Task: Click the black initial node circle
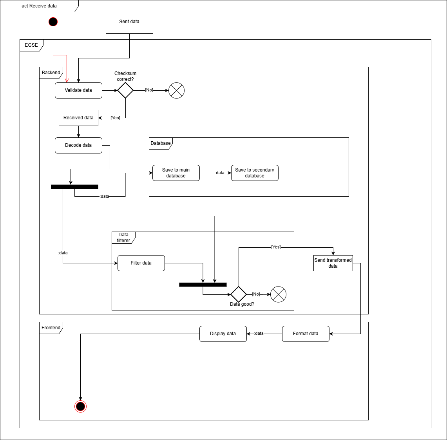[53, 22]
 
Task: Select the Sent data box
[129, 22]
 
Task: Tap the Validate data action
[78, 90]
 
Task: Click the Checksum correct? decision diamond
[125, 90]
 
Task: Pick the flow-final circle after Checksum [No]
[176, 91]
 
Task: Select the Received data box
[78, 118]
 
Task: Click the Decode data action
[78, 145]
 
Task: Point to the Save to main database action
[176, 173]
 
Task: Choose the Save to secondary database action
[255, 173]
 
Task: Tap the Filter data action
[141, 263]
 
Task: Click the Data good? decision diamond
[239, 294]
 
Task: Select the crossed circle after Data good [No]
[279, 294]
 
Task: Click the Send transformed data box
[333, 263]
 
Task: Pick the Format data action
[306, 334]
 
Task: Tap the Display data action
[223, 334]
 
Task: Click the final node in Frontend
[80, 406]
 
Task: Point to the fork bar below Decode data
[74, 187]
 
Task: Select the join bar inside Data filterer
[203, 285]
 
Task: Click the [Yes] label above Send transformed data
[276, 247]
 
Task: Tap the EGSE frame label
[31, 45]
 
